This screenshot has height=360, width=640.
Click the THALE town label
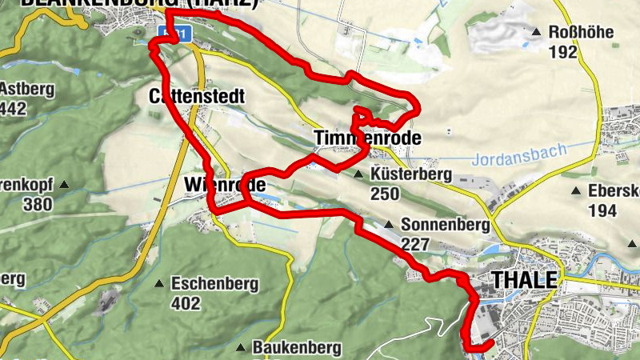pyautogui.click(x=526, y=280)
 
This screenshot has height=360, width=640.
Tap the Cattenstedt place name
pyautogui.click(x=196, y=96)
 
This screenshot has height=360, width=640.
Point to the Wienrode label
pyautogui.click(x=224, y=185)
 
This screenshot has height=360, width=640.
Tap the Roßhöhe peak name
pyautogui.click(x=581, y=33)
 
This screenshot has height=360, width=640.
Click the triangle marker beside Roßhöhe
pyautogui.click(x=537, y=33)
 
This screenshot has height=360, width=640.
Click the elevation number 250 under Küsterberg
pyautogui.click(x=384, y=194)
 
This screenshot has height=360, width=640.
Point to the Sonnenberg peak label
pyautogui.click(x=445, y=226)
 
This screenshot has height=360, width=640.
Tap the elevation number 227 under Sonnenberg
pyautogui.click(x=415, y=245)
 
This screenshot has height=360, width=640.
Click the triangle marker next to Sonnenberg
pyautogui.click(x=389, y=225)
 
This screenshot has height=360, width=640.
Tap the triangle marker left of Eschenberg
pyautogui.click(x=160, y=283)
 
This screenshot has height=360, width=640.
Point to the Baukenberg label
pyautogui.click(x=297, y=348)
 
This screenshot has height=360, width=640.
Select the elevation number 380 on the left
pyautogui.click(x=38, y=204)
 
